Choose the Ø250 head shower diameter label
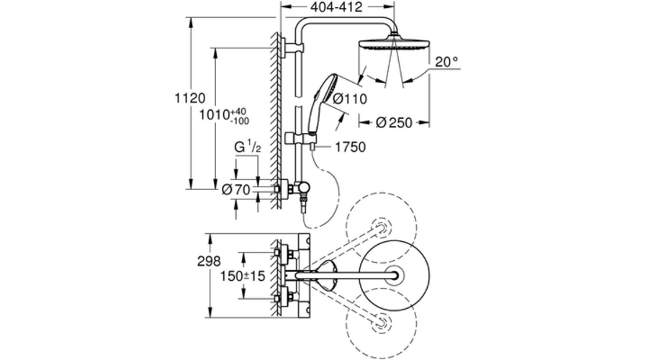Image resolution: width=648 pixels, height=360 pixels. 395,122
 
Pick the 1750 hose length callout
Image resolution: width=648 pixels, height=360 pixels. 350,148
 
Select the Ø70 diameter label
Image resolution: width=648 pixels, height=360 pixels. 236,189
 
